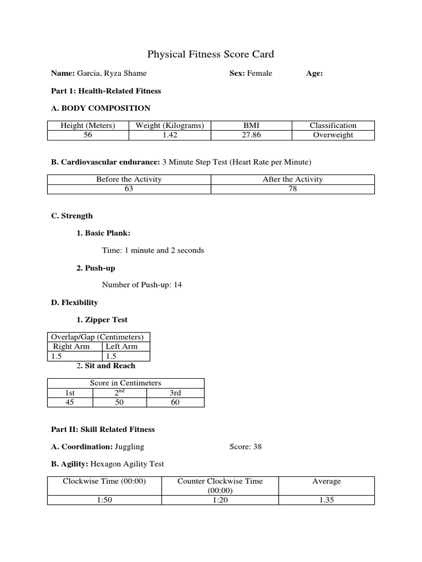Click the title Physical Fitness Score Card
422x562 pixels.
click(x=210, y=54)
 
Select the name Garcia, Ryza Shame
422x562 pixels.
click(x=112, y=73)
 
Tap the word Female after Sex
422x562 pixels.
click(x=259, y=73)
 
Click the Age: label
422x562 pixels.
click(x=314, y=73)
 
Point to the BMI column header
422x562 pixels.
click(x=251, y=125)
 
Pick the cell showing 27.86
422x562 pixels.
click(x=251, y=135)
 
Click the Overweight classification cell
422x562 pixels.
click(x=333, y=135)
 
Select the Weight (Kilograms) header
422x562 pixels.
click(x=169, y=125)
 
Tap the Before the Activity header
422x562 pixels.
click(x=129, y=179)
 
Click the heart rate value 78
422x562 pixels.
click(x=293, y=189)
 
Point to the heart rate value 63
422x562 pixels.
click(x=129, y=189)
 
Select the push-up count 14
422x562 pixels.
click(x=177, y=285)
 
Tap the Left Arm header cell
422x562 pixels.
click(x=121, y=346)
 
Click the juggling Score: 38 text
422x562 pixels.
click(x=246, y=446)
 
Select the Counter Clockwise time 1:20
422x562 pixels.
click(x=220, y=500)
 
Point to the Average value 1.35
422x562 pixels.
click(x=326, y=500)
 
